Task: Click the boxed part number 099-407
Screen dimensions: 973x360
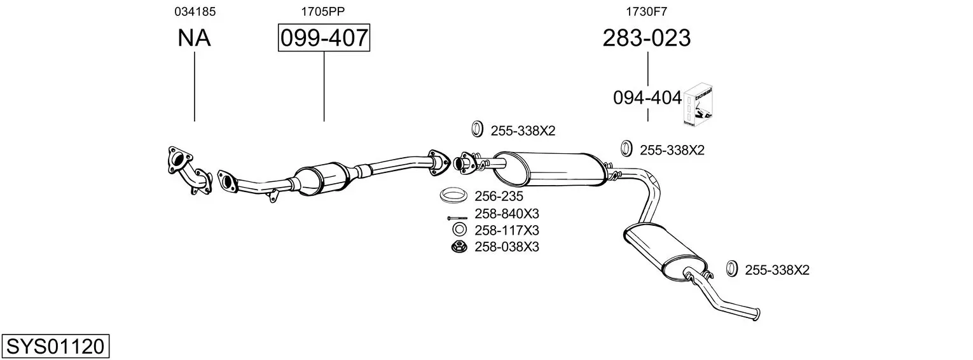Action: pos(324,38)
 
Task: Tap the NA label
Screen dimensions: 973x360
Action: pos(194,38)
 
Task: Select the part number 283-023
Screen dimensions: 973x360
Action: pos(646,38)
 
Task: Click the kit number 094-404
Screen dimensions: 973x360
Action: pos(647,98)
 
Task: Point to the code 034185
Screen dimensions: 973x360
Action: pos(195,11)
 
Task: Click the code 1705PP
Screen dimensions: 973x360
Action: pos(323,11)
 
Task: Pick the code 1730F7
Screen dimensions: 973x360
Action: pos(646,11)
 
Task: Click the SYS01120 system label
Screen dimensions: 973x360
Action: pos(55,346)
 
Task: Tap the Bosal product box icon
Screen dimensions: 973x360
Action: pos(698,105)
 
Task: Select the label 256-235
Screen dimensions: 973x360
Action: pos(499,197)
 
